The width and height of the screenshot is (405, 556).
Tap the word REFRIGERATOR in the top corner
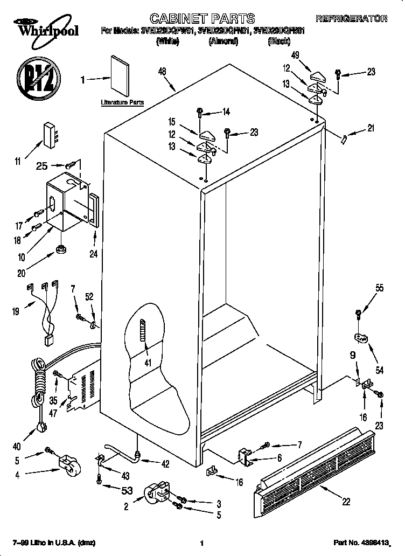coord(351,19)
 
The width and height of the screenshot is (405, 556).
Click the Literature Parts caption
coord(122,102)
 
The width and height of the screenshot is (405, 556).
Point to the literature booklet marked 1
coord(120,74)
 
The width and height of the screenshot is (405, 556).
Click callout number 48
coord(162,71)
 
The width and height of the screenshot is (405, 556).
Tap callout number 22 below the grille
coord(346,501)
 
